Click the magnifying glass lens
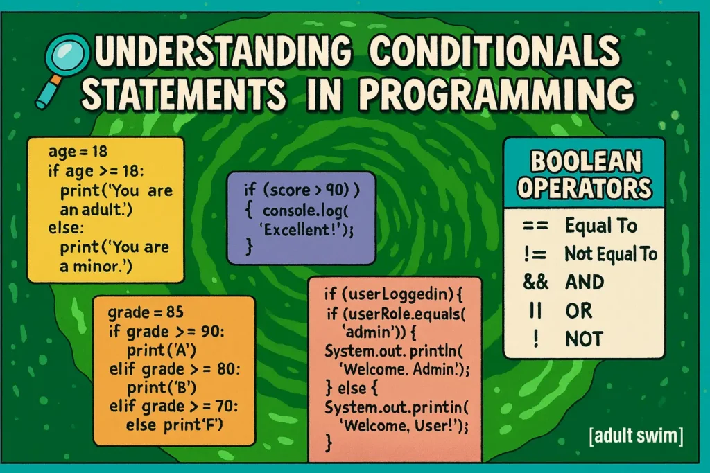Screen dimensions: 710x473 click(67, 56)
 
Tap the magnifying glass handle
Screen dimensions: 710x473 click(49, 92)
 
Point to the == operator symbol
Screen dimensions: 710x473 click(535, 225)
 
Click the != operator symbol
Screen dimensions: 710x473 click(535, 254)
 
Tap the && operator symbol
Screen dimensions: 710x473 click(535, 282)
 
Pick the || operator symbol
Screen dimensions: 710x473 click(535, 311)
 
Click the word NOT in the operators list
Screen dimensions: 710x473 click(584, 339)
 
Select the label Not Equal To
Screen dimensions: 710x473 click(610, 254)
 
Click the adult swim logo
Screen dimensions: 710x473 click(636, 436)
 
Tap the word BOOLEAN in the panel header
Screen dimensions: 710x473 click(585, 161)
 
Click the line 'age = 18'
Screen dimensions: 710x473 click(78, 151)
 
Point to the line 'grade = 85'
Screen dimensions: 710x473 click(146, 312)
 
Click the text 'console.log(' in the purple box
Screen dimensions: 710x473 click(306, 211)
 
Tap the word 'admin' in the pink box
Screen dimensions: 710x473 click(367, 332)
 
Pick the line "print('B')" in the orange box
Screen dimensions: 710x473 click(161, 388)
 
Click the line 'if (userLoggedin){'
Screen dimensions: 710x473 click(393, 294)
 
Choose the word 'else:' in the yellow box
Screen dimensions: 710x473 click(66, 227)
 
